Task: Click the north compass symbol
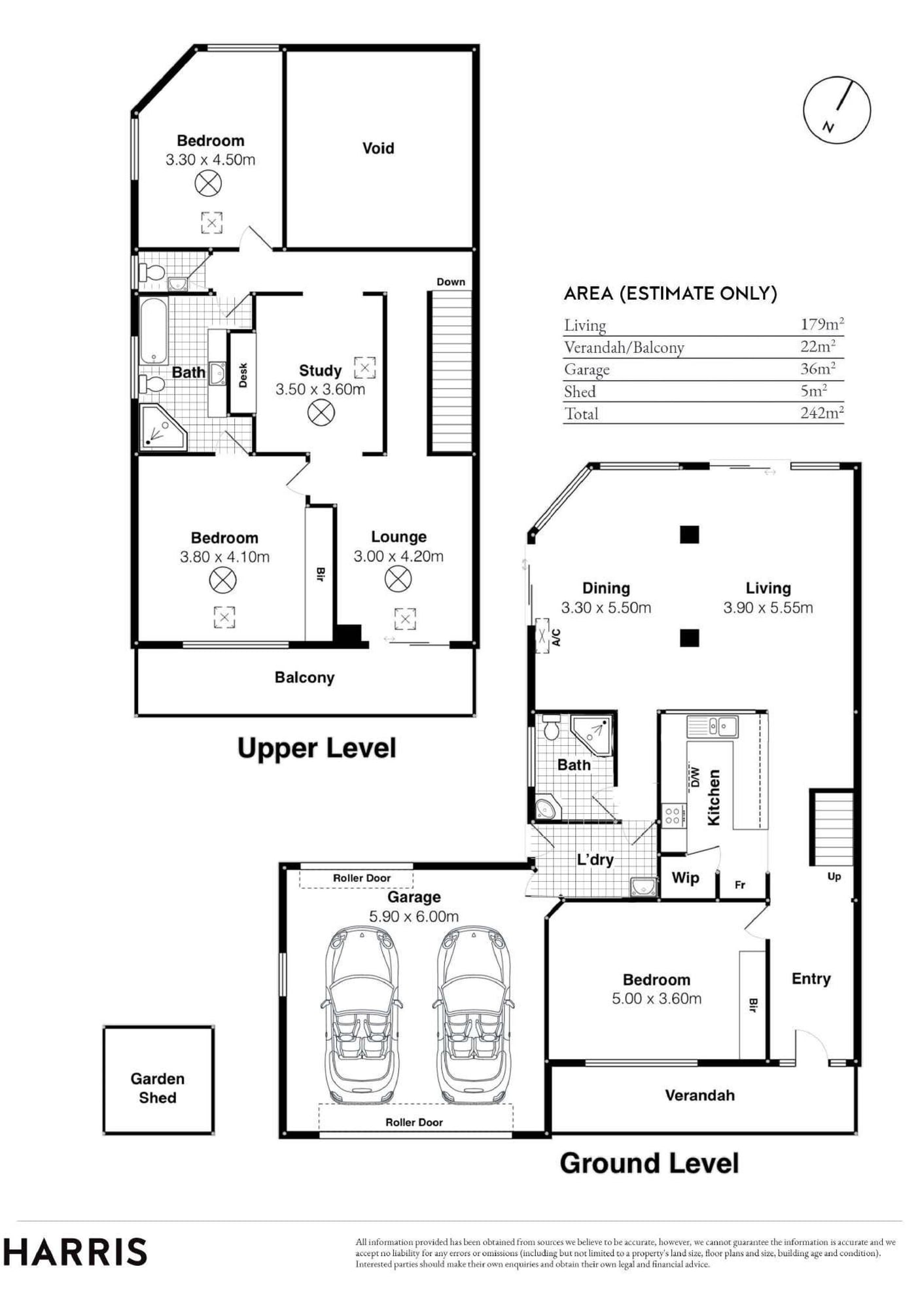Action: point(837,109)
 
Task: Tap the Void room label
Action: point(378,149)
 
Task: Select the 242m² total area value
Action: point(822,413)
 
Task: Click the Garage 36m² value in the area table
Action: point(818,368)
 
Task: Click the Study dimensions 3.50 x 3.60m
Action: point(320,389)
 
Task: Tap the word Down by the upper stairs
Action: point(451,282)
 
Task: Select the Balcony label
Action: point(304,678)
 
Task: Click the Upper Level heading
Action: point(317,748)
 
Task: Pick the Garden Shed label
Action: point(158,1088)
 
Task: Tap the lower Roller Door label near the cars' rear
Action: point(414,1122)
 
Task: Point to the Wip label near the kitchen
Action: point(686,878)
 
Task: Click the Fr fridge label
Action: point(740,885)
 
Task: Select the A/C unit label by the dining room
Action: point(556,637)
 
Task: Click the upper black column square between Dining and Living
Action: point(689,534)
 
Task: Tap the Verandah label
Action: point(699,1095)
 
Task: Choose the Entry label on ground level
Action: point(811,979)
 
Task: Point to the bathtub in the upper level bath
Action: point(154,331)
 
